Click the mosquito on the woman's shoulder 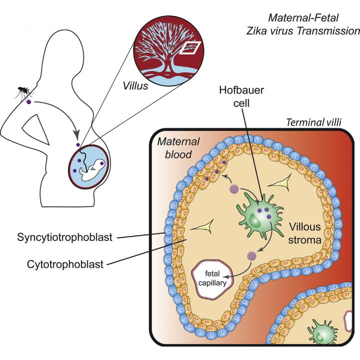(x=22, y=91)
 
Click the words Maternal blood (x=174, y=148)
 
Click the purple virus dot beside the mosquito (x=29, y=102)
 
